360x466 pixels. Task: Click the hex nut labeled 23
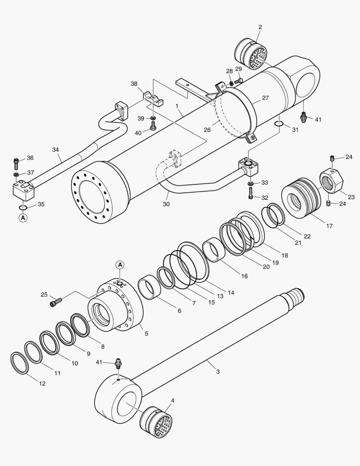point(331,181)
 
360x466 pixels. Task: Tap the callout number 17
point(329,226)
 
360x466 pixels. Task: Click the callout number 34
point(56,150)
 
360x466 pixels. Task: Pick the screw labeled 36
point(16,163)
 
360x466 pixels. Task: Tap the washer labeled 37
point(16,174)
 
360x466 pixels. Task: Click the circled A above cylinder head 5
point(120,264)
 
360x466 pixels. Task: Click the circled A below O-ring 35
point(23,218)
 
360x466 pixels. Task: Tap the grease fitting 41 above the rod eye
point(118,364)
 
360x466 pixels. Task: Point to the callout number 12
point(43,384)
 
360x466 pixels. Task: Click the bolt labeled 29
point(238,80)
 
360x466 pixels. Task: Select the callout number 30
point(166,204)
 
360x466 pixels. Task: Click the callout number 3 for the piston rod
point(218,372)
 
